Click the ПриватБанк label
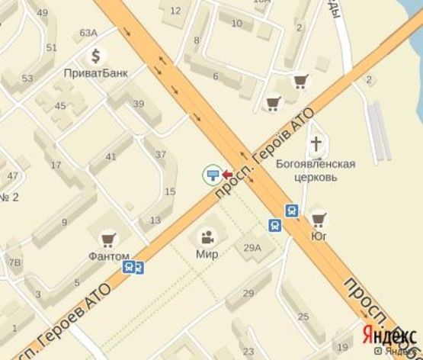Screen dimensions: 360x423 (x=95, y=73)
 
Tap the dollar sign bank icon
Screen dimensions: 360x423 (x=96, y=56)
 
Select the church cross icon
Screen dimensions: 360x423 (x=317, y=143)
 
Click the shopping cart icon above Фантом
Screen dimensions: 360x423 (x=108, y=239)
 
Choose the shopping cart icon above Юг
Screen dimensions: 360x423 (x=319, y=220)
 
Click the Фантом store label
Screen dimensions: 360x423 (x=108, y=256)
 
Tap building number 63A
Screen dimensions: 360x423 (x=88, y=32)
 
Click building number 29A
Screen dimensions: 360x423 (x=252, y=247)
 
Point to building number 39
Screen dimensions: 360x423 (x=138, y=104)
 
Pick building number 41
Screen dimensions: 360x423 (x=111, y=157)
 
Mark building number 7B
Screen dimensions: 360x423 (x=14, y=263)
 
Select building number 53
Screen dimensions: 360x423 (x=27, y=79)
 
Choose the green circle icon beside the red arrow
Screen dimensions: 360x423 (x=211, y=176)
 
